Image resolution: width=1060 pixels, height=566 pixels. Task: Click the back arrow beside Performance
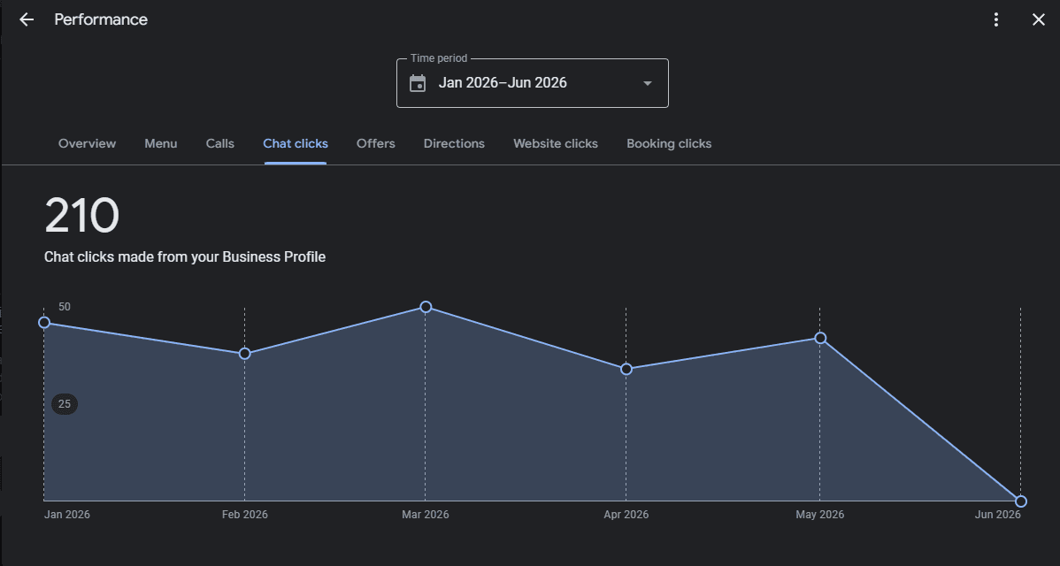[27, 19]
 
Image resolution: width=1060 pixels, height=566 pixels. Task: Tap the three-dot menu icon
[995, 19]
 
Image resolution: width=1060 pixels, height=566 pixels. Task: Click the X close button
[1039, 19]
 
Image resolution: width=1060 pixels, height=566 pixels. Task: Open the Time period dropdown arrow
[647, 84]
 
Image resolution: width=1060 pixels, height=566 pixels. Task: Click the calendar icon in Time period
[418, 83]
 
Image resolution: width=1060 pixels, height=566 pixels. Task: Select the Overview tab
[88, 143]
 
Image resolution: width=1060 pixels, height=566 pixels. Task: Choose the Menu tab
[161, 143]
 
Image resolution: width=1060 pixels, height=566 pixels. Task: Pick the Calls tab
[220, 143]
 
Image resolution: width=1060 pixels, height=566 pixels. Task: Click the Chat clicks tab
[296, 143]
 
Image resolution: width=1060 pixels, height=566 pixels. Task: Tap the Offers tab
[376, 143]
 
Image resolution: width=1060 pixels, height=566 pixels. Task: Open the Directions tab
[454, 143]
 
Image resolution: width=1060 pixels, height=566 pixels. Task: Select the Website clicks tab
[556, 143]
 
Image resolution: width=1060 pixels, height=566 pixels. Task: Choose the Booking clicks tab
[669, 143]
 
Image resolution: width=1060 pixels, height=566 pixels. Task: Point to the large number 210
[81, 216]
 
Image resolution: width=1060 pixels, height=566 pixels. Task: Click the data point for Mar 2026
[426, 307]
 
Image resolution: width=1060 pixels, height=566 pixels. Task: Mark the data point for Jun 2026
[1021, 501]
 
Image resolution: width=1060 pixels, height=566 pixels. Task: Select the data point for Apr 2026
[626, 369]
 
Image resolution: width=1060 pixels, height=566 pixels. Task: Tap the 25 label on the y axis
[65, 404]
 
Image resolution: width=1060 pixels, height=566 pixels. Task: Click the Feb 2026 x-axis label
[245, 515]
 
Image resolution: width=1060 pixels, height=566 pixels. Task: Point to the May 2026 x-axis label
[820, 515]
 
